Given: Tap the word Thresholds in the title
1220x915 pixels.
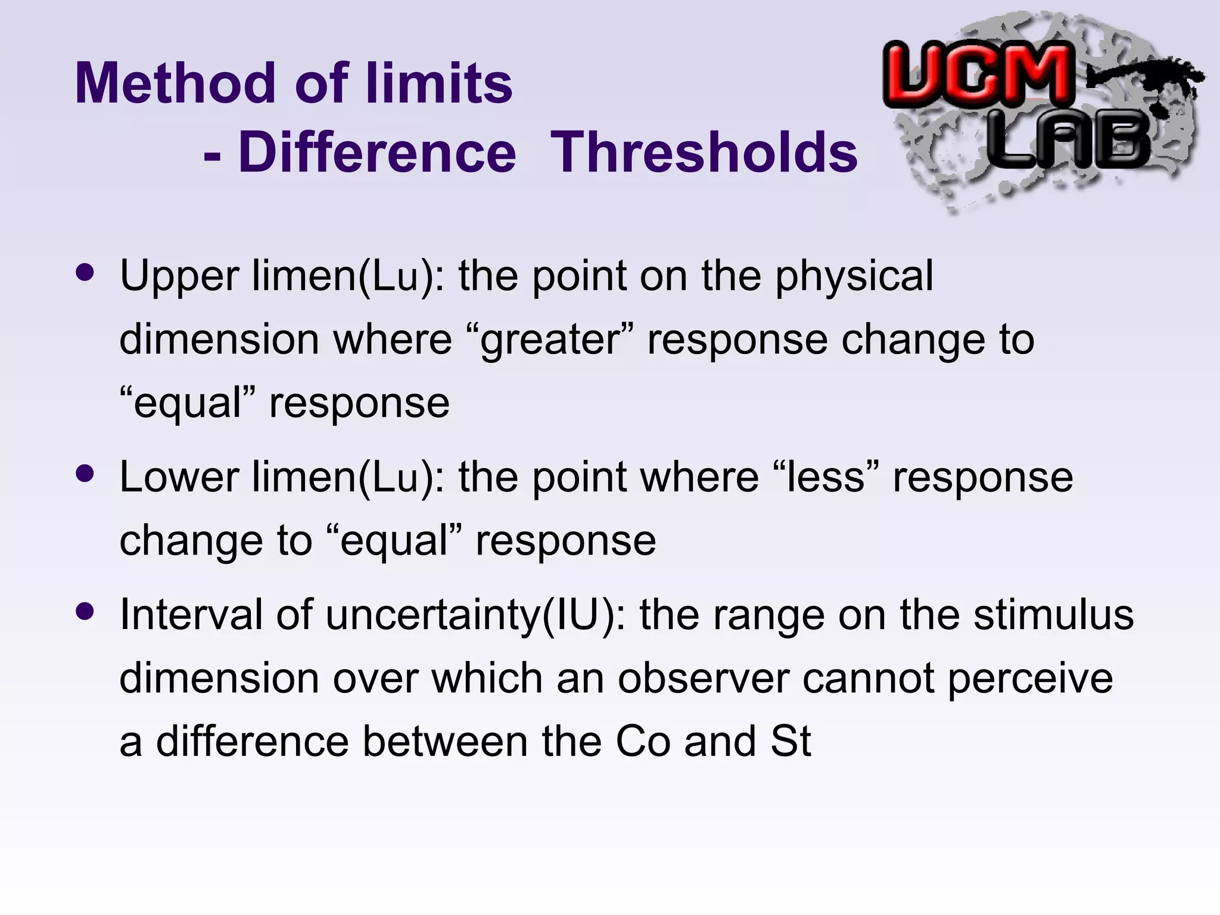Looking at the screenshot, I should click(704, 153).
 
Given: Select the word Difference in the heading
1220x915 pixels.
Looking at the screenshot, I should click(377, 153).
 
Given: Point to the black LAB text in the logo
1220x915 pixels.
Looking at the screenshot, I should click(1069, 141).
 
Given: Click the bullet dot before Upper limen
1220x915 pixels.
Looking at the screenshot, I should click(85, 273).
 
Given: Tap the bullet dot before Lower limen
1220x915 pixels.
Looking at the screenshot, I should click(85, 474).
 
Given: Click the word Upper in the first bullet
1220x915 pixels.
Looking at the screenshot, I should click(179, 277).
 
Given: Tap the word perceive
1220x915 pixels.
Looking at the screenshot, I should click(1030, 680).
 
